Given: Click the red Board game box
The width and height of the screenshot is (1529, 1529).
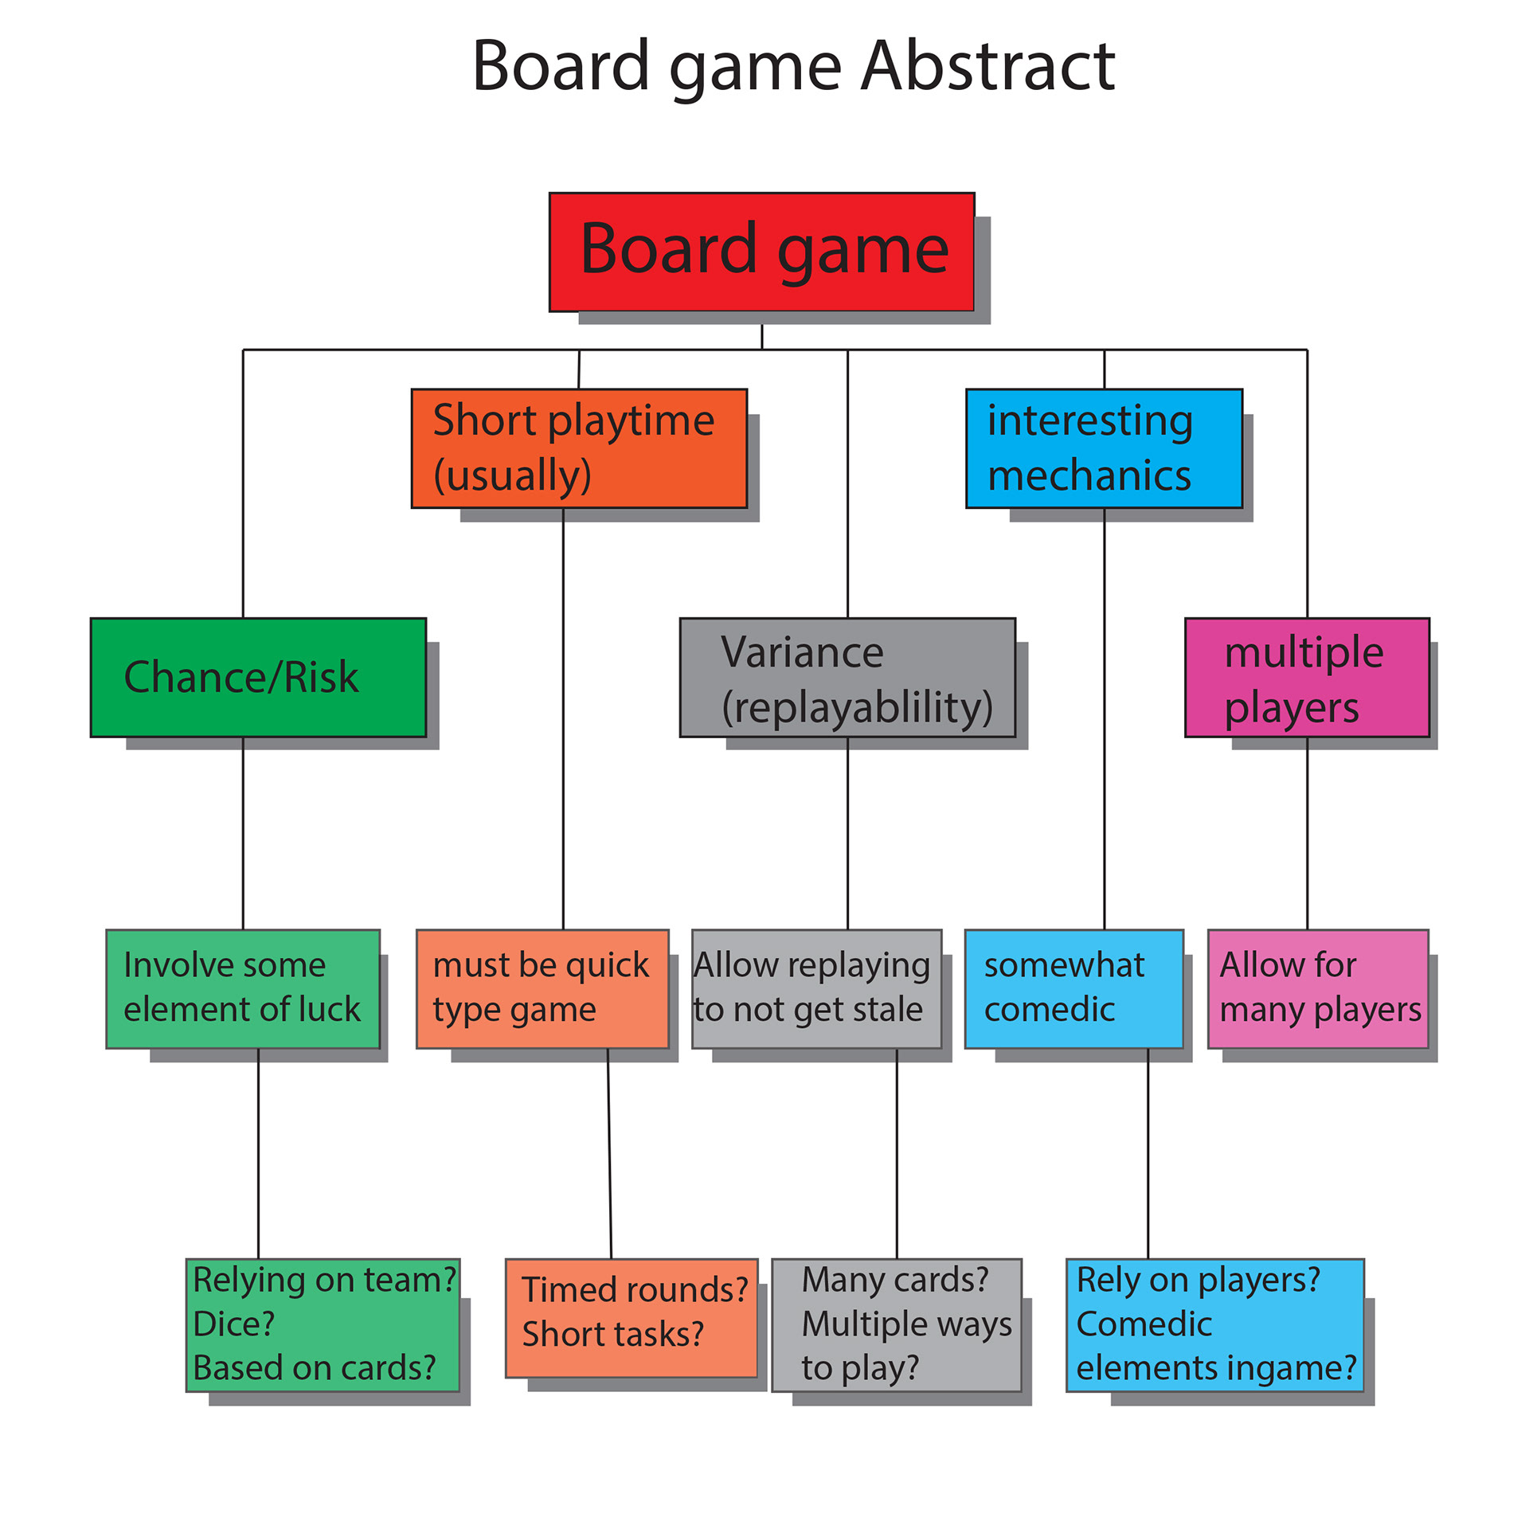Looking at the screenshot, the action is pyautogui.click(x=761, y=252).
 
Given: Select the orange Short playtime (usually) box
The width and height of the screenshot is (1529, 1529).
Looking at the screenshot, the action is pyautogui.click(x=578, y=448).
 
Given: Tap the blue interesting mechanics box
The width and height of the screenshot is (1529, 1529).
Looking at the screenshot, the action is pyautogui.click(x=1103, y=448).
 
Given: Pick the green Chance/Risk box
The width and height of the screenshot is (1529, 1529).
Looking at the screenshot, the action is pyautogui.click(x=258, y=677).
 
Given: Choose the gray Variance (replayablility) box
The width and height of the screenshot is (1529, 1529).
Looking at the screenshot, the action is pyautogui.click(x=847, y=677).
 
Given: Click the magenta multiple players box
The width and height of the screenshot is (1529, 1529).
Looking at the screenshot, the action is pyautogui.click(x=1306, y=677).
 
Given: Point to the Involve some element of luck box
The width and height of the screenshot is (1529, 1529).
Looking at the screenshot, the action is pyautogui.click(x=242, y=988).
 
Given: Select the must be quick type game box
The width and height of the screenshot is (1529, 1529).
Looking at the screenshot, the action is pyautogui.click(x=542, y=988).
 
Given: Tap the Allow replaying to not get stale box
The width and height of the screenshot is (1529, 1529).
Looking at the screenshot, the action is pyautogui.click(x=815, y=988).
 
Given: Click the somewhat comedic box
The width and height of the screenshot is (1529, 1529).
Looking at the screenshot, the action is pyautogui.click(x=1073, y=988).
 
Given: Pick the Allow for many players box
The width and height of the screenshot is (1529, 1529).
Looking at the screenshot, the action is pyautogui.click(x=1317, y=988).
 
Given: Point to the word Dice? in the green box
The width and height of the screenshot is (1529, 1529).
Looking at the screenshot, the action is pyautogui.click(x=233, y=1324).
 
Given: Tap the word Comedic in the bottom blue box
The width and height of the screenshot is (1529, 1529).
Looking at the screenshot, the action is pyautogui.click(x=1144, y=1324).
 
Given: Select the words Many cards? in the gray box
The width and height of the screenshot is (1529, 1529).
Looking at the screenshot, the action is pyautogui.click(x=894, y=1280).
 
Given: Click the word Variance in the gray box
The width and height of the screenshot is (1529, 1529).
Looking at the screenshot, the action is pyautogui.click(x=802, y=653).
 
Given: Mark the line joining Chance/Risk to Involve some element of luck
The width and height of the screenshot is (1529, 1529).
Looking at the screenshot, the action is pyautogui.click(x=243, y=832).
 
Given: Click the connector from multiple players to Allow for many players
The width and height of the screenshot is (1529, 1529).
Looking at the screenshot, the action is pyautogui.click(x=1307, y=832).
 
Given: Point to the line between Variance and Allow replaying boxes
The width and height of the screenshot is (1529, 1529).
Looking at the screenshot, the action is pyautogui.click(x=847, y=832).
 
